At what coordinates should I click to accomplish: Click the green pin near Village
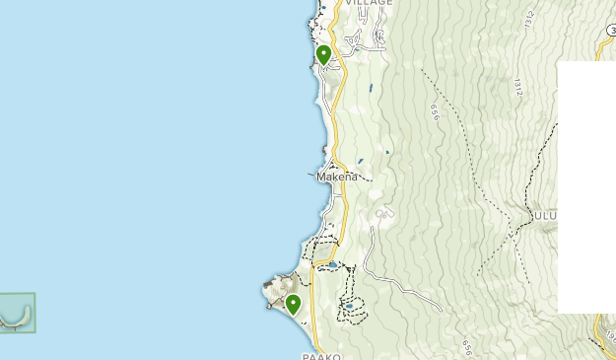(x=323, y=54)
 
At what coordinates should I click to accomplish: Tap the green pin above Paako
(x=293, y=304)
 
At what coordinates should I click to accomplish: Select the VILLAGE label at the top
(x=368, y=3)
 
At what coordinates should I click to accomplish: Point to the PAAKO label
(x=322, y=355)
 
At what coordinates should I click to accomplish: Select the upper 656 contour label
(x=434, y=112)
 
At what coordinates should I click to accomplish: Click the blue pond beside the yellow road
(x=333, y=264)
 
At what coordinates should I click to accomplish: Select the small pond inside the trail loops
(x=350, y=307)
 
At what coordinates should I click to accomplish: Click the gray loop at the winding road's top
(x=381, y=213)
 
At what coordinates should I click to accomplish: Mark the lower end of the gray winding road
(x=440, y=311)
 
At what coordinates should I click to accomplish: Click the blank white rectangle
(x=586, y=187)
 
